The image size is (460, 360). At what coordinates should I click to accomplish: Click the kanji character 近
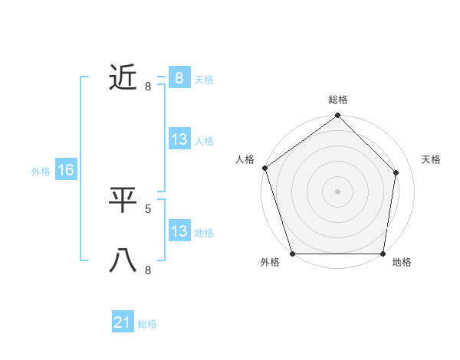pos(123,77)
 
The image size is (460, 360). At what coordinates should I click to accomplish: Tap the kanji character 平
pos(123,200)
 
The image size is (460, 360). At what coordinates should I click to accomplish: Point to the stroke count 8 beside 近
pos(148,86)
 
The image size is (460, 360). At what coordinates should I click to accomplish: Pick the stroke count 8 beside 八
pos(148,270)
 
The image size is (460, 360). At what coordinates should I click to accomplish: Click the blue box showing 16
pos(66,170)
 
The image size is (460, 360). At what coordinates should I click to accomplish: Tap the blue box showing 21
pos(123,322)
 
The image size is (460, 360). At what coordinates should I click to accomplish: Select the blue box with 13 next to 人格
pos(179,139)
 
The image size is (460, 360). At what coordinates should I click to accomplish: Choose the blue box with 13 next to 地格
pos(179,231)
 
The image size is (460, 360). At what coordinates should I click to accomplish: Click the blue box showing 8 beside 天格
pos(179,78)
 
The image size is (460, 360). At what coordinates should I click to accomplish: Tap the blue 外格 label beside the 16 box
pos(41,172)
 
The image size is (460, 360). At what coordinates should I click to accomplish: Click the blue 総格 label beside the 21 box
pos(147,324)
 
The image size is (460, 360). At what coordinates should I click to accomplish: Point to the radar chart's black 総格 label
pos(338,100)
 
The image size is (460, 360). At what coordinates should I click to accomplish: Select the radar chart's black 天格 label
pos(432,159)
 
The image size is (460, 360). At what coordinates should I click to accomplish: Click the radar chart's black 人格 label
pos(245,159)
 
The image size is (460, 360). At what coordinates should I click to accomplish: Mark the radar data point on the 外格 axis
pos(292,254)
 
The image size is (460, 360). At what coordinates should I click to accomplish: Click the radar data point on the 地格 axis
pos(383,254)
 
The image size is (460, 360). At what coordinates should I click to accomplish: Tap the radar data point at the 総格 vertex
pos(338,116)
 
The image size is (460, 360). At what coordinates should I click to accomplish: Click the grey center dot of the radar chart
pos(338,191)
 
